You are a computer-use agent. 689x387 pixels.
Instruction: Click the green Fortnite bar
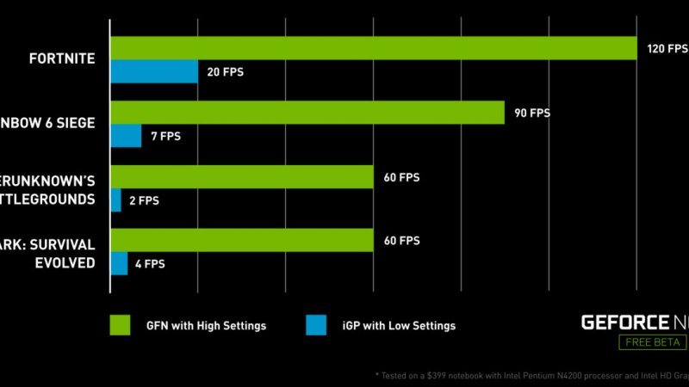click(x=373, y=49)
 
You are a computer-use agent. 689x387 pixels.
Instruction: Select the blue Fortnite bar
click(x=154, y=71)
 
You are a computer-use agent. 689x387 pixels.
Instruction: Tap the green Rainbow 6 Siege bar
click(x=307, y=113)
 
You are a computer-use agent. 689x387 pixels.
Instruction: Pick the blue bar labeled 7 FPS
click(x=126, y=135)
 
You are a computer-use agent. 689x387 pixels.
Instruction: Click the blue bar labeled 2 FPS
click(x=116, y=200)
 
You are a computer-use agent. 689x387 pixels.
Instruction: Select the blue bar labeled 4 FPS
click(x=119, y=263)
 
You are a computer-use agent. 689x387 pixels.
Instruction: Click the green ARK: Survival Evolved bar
click(x=242, y=241)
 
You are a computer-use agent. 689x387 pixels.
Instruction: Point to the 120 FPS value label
click(x=664, y=49)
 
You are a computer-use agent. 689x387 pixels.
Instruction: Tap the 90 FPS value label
click(x=532, y=113)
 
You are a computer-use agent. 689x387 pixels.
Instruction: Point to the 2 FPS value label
click(x=143, y=200)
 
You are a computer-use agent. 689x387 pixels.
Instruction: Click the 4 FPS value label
click(x=150, y=263)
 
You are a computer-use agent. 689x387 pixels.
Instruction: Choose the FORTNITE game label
click(x=61, y=59)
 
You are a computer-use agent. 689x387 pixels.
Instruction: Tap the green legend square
click(x=120, y=325)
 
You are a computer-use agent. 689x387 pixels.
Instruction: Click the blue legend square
click(x=317, y=325)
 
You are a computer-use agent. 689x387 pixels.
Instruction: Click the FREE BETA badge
click(x=653, y=342)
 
